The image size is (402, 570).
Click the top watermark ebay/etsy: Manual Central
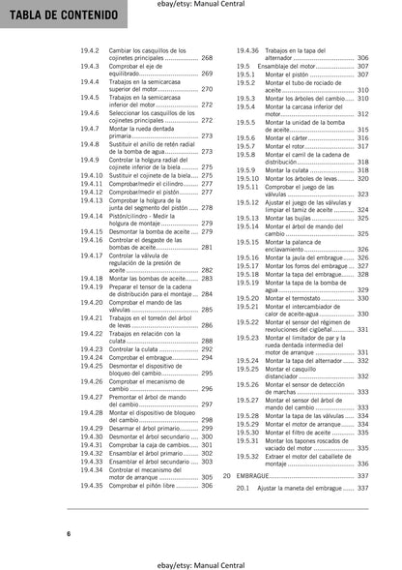point(200,6)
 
